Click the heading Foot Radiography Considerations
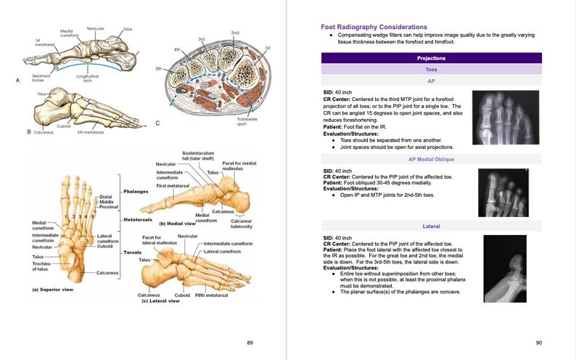tap(369, 27)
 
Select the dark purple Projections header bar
tap(431, 58)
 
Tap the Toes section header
tap(431, 70)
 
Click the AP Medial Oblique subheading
tap(431, 158)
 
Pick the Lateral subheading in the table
tap(431, 226)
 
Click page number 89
tap(250, 342)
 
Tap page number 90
tap(539, 342)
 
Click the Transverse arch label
tap(247, 123)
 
